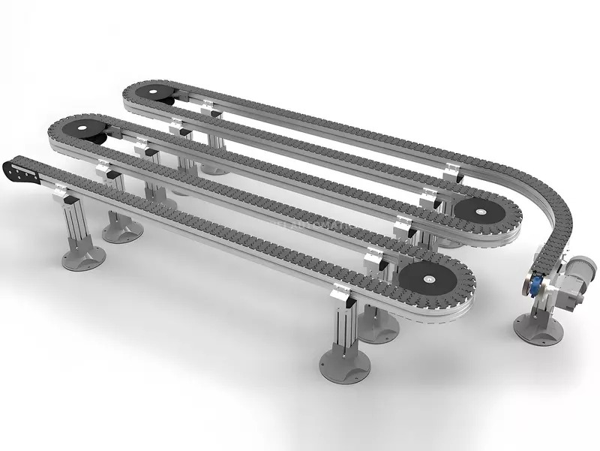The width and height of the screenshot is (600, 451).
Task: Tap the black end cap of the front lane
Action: coord(20,170)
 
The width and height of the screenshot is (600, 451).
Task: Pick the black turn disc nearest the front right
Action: coord(425,278)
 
